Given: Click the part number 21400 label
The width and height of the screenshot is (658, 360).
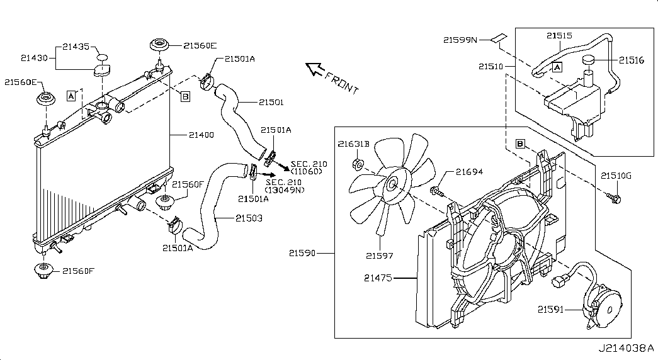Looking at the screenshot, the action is pos(201,135).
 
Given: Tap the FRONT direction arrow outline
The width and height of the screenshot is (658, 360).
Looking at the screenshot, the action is pos(314,69).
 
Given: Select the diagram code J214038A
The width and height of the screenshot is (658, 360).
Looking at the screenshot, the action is pos(626,348).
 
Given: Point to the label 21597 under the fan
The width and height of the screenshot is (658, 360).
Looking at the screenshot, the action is pos(379,256).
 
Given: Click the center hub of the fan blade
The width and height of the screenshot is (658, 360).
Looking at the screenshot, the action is pos(393,183).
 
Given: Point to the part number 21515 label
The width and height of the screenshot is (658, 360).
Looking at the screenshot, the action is pos(559,36).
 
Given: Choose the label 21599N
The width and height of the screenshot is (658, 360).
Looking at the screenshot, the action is pos(460,40).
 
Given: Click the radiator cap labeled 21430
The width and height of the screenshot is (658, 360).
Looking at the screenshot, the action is pos(101,71).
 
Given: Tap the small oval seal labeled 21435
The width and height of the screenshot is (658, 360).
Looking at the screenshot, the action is pos(102,58).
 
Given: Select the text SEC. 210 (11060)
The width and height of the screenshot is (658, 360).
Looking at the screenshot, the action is pos(309,167).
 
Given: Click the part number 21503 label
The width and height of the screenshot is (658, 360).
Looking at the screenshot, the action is pos(249,218).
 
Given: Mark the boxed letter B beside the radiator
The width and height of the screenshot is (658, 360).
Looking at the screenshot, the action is pos(185,96).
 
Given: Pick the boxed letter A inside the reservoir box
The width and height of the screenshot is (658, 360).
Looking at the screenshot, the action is pos(557,67).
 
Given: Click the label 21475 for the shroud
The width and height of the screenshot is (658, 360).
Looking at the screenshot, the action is pos(378,278).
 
